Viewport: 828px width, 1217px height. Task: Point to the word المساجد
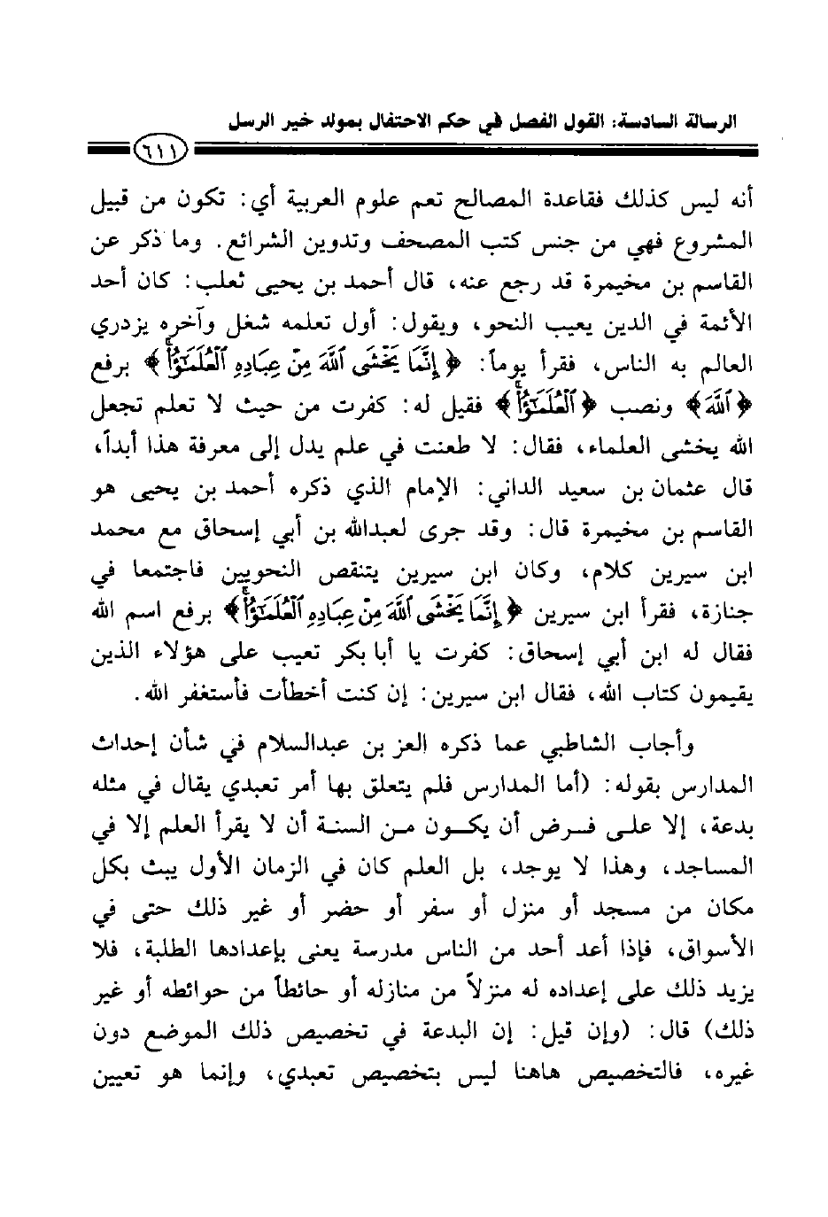[x=709, y=855]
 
